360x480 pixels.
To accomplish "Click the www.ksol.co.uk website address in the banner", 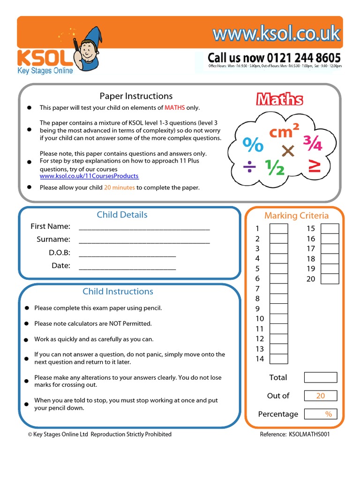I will [x=276, y=34].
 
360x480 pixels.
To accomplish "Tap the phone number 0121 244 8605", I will [x=274, y=58].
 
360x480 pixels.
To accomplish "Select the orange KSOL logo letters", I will [x=45, y=59].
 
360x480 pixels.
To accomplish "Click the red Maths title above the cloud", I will [x=279, y=99].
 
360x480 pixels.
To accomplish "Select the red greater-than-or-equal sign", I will [x=314, y=167].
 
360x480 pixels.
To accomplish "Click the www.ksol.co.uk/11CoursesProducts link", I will [x=89, y=176].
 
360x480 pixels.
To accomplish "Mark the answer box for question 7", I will [x=279, y=289].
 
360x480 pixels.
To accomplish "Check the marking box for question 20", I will [x=330, y=279].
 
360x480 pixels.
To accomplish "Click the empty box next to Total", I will [x=320, y=377].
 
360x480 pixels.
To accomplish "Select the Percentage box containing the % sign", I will [x=320, y=414].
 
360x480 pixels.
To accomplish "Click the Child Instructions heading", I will [x=118, y=292].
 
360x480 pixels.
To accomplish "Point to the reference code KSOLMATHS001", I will [x=309, y=434].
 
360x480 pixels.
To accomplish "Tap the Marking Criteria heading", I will [x=296, y=216].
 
